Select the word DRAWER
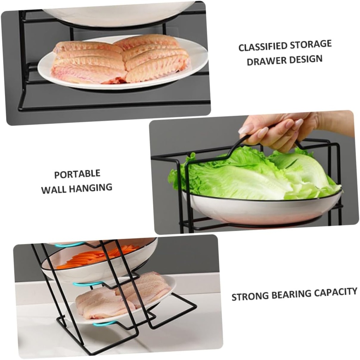[266, 61]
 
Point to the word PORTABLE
[77, 174]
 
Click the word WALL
[54, 189]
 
